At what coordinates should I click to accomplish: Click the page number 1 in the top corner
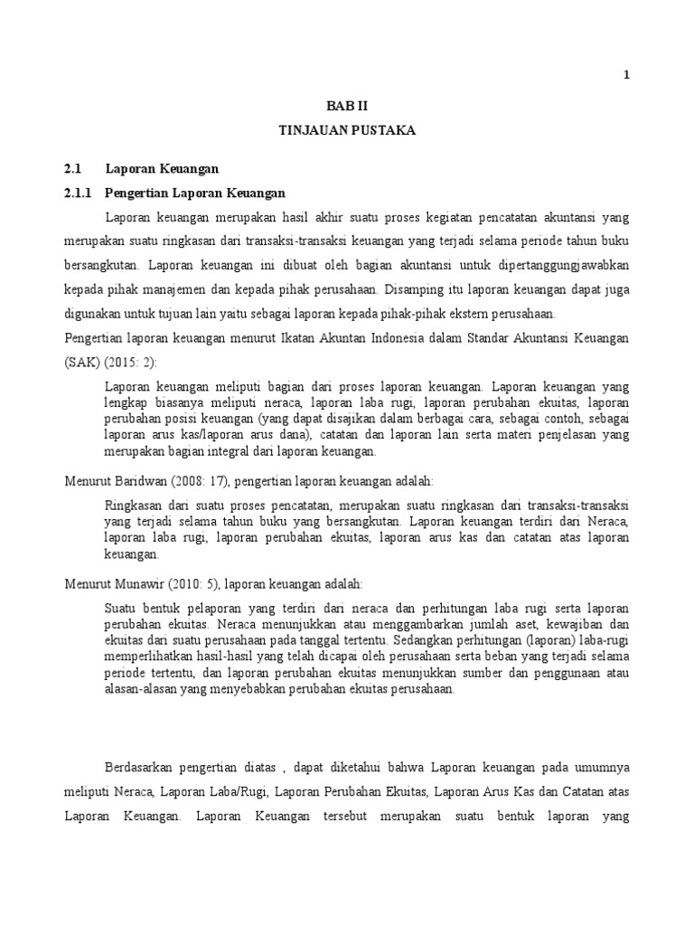626,75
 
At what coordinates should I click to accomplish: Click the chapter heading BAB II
346,105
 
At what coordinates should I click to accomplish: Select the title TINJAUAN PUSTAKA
346,131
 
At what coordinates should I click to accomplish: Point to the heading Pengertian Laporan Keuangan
195,193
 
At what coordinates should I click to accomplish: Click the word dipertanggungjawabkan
559,266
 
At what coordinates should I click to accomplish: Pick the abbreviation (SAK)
82,362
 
